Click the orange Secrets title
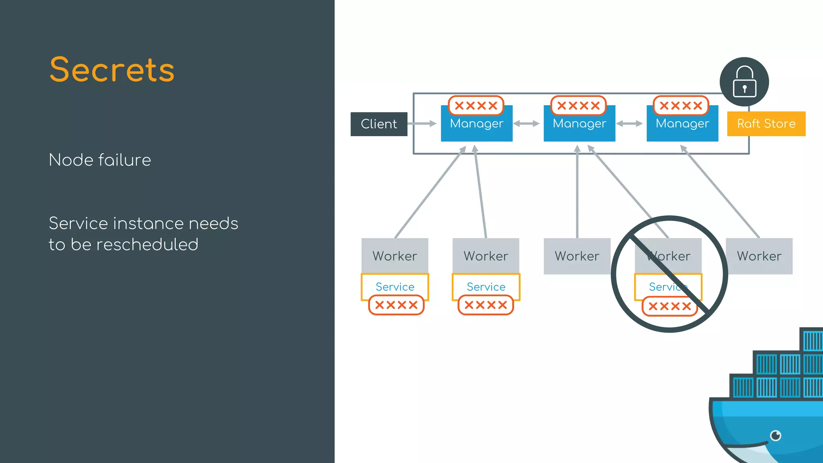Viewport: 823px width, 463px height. pyautogui.click(x=112, y=70)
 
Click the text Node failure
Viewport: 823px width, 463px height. pyautogui.click(x=100, y=160)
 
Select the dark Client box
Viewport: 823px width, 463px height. pyautogui.click(x=379, y=124)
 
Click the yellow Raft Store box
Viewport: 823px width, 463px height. pyautogui.click(x=766, y=124)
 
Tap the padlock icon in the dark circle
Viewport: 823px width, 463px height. pyautogui.click(x=744, y=82)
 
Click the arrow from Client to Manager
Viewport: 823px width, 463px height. pyautogui.click(x=422, y=123)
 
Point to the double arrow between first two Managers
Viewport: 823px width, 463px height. pyautogui.click(x=526, y=123)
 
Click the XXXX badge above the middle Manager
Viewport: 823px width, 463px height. pyautogui.click(x=578, y=106)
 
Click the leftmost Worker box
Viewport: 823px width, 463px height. pyautogui.click(x=395, y=256)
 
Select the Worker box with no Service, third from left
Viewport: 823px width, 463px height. pyautogui.click(x=577, y=256)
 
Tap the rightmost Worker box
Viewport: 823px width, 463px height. pyautogui.click(x=759, y=256)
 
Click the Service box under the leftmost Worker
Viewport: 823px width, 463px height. pyautogui.click(x=395, y=287)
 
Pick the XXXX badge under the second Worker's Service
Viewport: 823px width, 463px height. pyautogui.click(x=485, y=305)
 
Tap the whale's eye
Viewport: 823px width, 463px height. pyautogui.click(x=776, y=435)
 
